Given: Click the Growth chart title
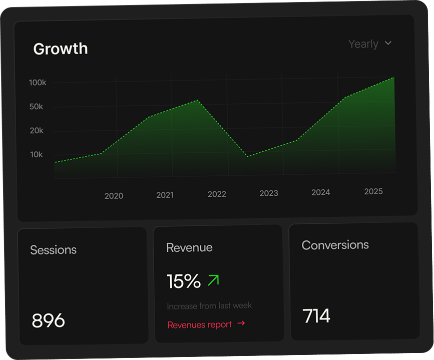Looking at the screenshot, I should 60,49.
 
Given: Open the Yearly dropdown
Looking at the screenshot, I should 363,44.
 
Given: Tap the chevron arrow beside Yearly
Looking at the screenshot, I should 388,44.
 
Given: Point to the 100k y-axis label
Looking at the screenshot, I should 38,83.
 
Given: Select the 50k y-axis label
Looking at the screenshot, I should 37,107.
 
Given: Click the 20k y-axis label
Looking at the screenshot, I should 37,131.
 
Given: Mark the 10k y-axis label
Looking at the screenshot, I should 37,155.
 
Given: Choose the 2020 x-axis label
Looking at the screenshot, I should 114,196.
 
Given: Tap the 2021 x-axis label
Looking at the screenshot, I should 165,195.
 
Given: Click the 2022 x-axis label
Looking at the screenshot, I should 217,194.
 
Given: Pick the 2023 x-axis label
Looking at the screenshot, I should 269,193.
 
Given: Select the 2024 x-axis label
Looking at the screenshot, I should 320,192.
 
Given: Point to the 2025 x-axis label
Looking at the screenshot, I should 373,191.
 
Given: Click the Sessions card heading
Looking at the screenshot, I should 53,250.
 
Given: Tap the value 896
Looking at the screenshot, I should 48,320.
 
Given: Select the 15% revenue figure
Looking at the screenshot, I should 184,282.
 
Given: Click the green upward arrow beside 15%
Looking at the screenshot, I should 213,280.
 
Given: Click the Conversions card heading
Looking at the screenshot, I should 335,245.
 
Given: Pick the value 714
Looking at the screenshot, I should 316,316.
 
